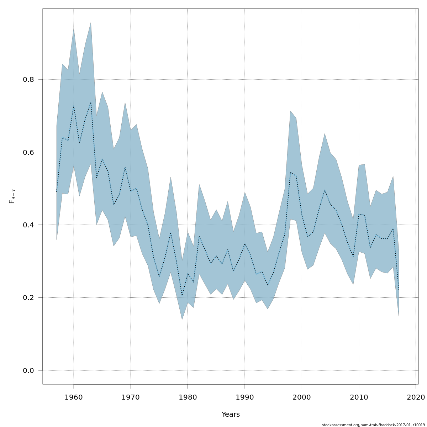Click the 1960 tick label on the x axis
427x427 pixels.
(74, 397)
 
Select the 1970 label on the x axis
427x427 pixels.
(131, 397)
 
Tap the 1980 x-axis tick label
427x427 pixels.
(188, 397)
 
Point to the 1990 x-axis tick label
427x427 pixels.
(245, 397)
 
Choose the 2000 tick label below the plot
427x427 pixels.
(302, 397)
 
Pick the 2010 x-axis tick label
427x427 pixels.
(359, 397)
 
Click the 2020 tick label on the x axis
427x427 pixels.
(416, 397)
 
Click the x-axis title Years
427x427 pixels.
(231, 415)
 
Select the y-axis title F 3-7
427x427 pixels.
(11, 196)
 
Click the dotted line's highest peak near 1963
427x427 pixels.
(91, 102)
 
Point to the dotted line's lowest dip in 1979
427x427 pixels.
(182, 295)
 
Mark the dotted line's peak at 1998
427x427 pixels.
(290, 172)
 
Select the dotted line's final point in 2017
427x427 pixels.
(399, 290)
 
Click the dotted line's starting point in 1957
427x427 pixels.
(57, 192)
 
